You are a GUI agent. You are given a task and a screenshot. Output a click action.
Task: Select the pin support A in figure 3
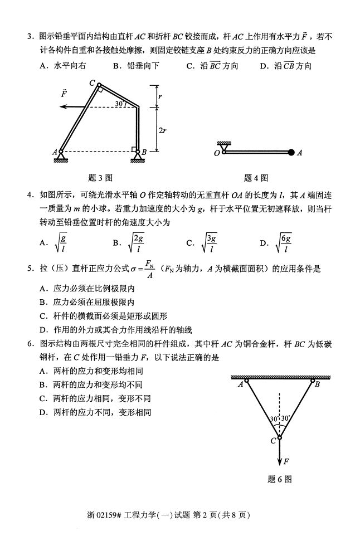click(61, 153)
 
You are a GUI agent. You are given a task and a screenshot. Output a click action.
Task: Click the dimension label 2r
click(162, 130)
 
